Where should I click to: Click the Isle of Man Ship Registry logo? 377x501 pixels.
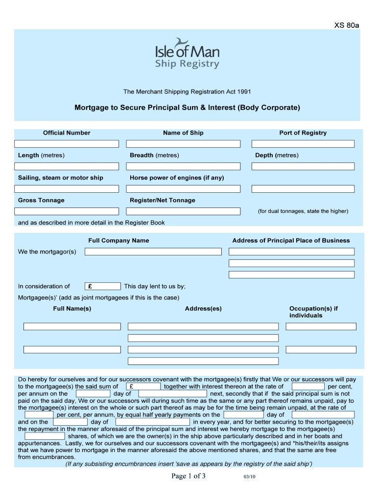tap(187, 54)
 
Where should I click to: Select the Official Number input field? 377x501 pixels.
tap(67, 144)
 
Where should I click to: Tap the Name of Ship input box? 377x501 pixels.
tap(183, 144)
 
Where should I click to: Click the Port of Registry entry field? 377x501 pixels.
tap(303, 144)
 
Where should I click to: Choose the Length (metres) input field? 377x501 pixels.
tap(67, 166)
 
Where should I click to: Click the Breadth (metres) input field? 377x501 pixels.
tap(183, 166)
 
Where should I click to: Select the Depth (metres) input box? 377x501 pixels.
tap(303, 166)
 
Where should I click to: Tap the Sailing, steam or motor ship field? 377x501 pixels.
tap(67, 189)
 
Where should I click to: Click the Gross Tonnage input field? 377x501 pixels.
tap(67, 211)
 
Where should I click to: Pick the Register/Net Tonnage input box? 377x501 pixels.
tap(183, 211)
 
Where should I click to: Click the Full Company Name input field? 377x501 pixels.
tap(153, 251)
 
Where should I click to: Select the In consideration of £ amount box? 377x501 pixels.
tap(103, 286)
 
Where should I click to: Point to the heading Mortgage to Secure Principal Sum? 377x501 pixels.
tap(187, 107)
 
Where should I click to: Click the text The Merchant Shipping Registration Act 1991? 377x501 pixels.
tap(187, 91)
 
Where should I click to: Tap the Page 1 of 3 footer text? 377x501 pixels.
tap(188, 477)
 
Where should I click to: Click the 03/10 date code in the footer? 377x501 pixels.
tap(249, 478)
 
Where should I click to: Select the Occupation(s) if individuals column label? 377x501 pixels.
tap(313, 312)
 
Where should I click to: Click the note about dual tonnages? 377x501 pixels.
tap(303, 211)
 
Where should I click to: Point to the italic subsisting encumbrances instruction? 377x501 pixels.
tap(188, 464)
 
